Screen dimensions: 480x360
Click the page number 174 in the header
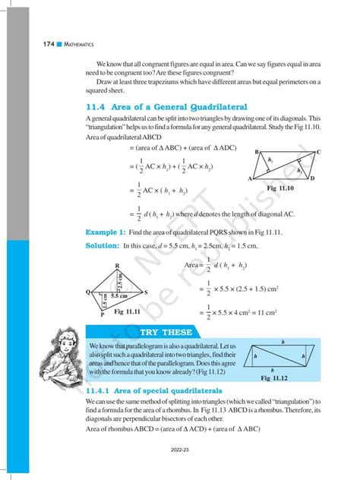(x=29, y=46)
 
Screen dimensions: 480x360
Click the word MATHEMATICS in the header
(x=56, y=46)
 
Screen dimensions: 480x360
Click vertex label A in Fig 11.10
(x=250, y=178)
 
